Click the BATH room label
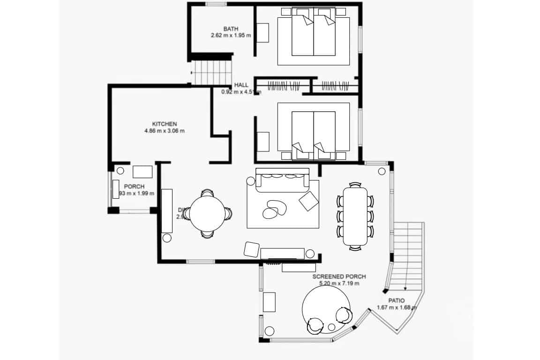click(231, 29)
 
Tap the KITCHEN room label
click(164, 124)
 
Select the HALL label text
click(241, 85)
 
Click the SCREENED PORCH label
click(339, 277)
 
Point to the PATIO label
click(397, 300)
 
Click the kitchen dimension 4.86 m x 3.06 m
click(164, 131)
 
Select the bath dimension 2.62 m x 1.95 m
click(231, 35)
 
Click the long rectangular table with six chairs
click(355, 216)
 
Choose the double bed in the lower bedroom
click(313, 131)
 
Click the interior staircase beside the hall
click(213, 72)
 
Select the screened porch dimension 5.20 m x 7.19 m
click(339, 283)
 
